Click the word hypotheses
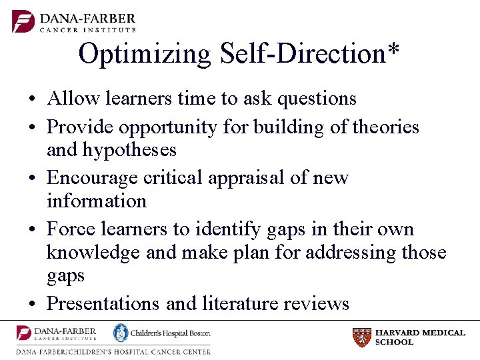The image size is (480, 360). [x=129, y=150]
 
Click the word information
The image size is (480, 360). [x=97, y=201]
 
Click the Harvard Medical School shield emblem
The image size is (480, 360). [x=361, y=337]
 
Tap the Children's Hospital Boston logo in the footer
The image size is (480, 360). [x=161, y=333]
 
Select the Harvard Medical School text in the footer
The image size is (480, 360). [x=420, y=337]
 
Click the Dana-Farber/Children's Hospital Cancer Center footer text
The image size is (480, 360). [x=113, y=351]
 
